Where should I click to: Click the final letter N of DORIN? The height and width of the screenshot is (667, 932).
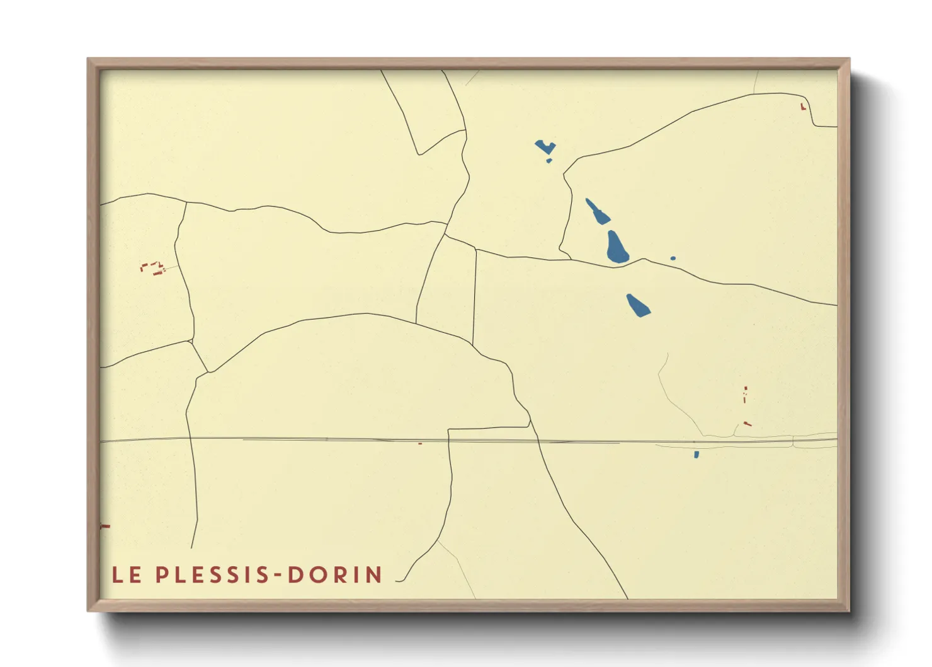(374, 575)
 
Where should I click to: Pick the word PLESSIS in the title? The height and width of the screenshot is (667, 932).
(213, 575)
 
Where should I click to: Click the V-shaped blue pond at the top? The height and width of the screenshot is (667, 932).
(545, 148)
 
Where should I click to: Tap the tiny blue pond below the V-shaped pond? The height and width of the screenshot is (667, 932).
(549, 161)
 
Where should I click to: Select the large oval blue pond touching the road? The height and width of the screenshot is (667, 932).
(617, 247)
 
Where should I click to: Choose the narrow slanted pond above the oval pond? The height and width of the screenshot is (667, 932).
(598, 211)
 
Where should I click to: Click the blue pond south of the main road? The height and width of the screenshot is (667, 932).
(638, 305)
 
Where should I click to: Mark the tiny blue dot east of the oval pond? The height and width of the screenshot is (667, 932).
(673, 258)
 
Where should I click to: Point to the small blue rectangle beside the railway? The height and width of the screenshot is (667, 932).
(696, 455)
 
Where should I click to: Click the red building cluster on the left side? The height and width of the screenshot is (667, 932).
(153, 268)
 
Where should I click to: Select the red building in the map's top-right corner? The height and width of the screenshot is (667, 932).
(803, 107)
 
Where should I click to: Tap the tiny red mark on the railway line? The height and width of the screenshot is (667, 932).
(420, 443)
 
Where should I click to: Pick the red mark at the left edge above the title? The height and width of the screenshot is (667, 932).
(105, 526)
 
